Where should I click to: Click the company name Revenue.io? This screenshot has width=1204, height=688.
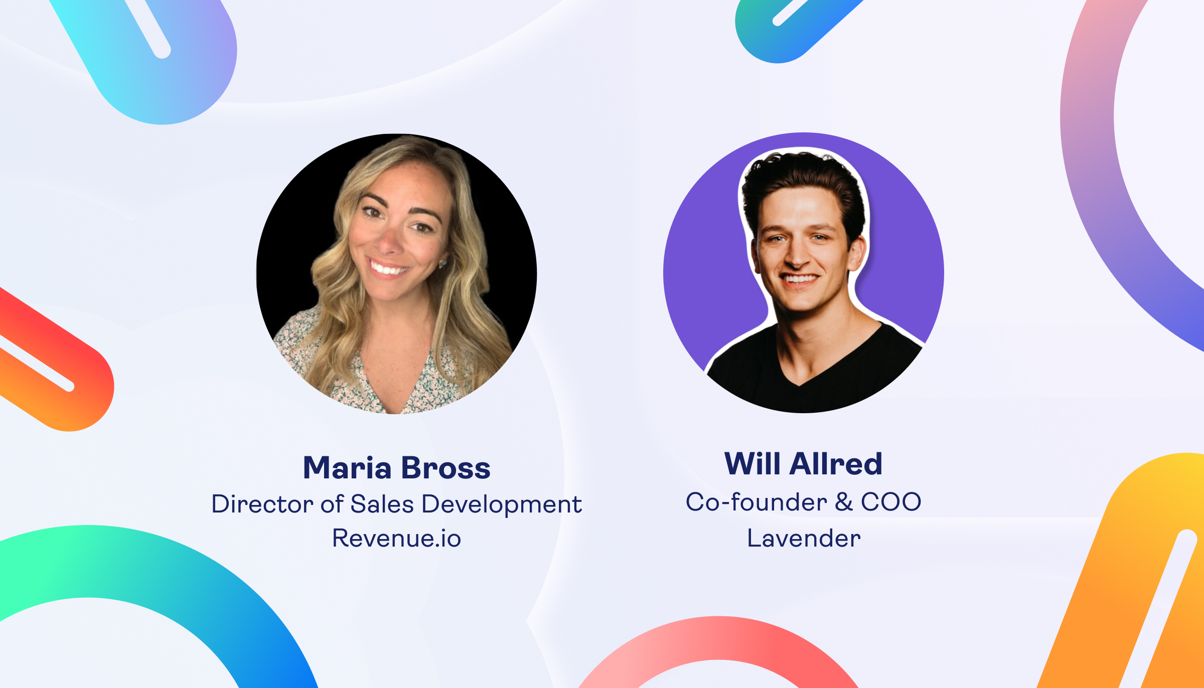point(396,538)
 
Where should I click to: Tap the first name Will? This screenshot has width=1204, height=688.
point(753,463)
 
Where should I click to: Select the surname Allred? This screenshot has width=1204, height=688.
point(836,463)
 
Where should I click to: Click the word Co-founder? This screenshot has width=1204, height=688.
point(756,501)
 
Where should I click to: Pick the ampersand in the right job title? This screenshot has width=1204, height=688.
point(844,502)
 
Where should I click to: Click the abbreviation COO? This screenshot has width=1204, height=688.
point(891,502)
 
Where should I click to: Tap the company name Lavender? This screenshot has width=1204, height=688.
point(804,538)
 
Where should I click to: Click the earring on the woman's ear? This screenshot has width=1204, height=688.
point(443,263)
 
